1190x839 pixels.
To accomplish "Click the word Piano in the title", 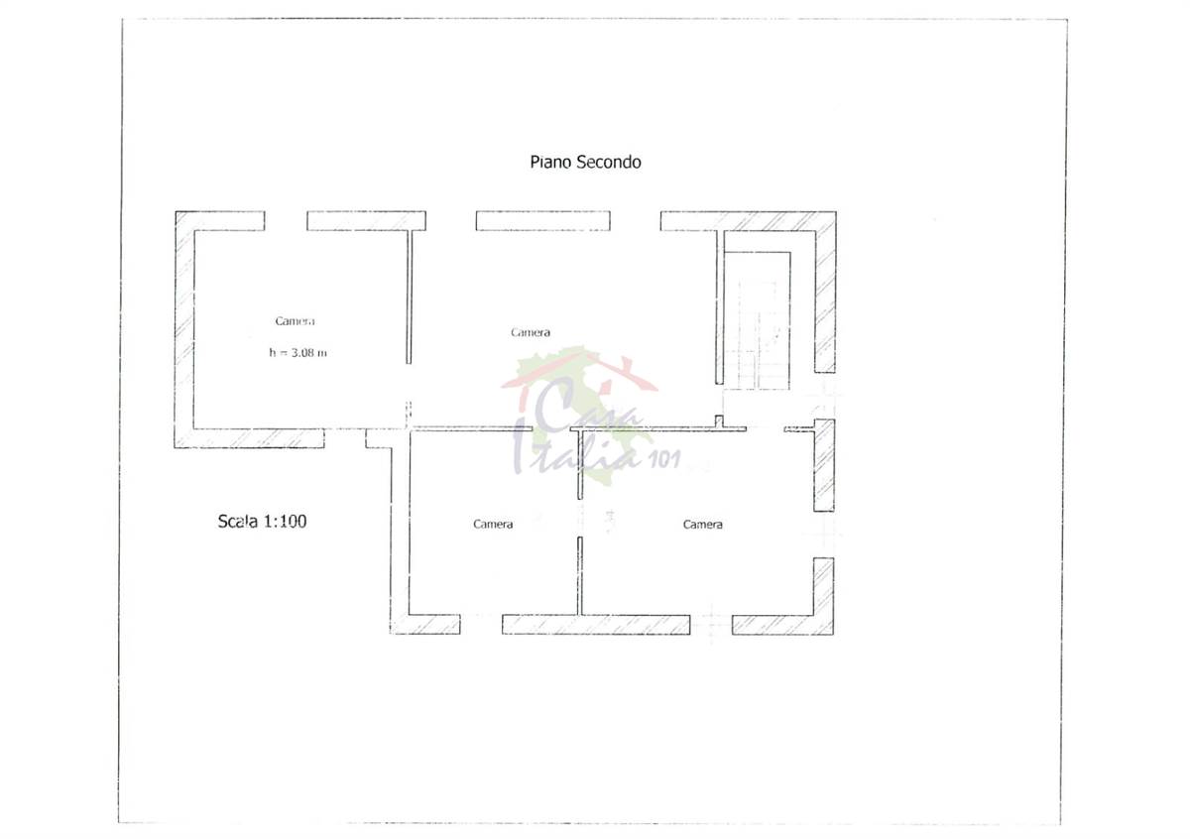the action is pos(551,162).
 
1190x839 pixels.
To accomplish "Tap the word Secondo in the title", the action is pos(609,162).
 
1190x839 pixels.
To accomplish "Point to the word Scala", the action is pos(237,521).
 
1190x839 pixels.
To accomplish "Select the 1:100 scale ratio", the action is pos(286,521).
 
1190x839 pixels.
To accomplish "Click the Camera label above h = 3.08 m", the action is pos(295,321).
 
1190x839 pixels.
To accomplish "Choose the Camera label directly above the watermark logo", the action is pos(531,332).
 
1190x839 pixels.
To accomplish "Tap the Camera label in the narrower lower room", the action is pos(493,525).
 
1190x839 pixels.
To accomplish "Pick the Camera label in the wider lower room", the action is pos(702,525).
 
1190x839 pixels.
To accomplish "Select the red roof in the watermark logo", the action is pos(580,372).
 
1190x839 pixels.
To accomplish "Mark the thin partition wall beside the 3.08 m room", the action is pos(409,298).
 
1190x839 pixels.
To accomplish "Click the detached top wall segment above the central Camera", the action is pos(543,221).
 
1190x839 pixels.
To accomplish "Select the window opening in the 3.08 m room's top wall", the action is pos(286,221).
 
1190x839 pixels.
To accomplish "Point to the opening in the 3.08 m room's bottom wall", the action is pos(345,437).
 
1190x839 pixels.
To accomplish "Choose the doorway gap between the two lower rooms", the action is pos(580,518).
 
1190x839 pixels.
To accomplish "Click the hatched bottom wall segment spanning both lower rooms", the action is pos(596,625).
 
